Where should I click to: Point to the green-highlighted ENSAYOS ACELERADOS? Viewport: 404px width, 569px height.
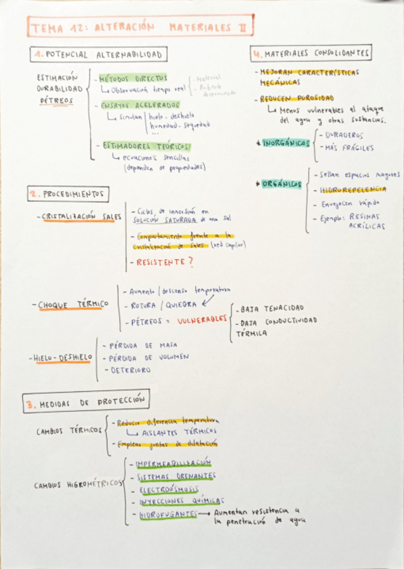pyautogui.click(x=140, y=105)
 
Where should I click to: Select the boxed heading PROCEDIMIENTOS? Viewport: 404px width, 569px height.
pyautogui.click(x=67, y=195)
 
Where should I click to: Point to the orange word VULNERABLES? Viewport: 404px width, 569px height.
pyautogui.click(x=202, y=321)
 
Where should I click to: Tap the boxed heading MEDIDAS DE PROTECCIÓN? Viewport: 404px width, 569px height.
pyautogui.click(x=85, y=403)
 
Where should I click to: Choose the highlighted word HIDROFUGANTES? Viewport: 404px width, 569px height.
pyautogui.click(x=168, y=515)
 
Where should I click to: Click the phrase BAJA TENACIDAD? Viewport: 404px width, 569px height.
pyautogui.click(x=266, y=309)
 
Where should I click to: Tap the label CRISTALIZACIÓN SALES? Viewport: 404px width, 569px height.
pyautogui.click(x=81, y=217)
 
